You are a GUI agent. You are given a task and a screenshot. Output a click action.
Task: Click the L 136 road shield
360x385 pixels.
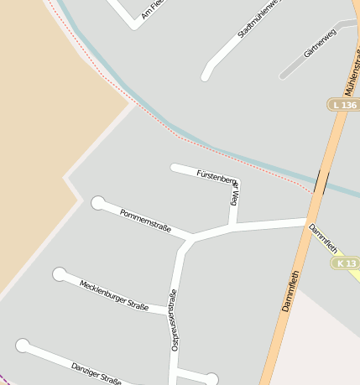pos(344,105)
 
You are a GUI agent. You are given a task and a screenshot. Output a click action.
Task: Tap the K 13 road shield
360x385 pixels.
pos(345,263)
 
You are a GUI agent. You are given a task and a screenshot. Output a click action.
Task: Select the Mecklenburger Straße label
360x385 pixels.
pos(114,295)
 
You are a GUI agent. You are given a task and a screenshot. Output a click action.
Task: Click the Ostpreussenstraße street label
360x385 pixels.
pos(174,319)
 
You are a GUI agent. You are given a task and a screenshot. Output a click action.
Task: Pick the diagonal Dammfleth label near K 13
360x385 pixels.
pos(323,238)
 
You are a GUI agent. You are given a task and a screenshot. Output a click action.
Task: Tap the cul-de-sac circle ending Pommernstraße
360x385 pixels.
pos(98,203)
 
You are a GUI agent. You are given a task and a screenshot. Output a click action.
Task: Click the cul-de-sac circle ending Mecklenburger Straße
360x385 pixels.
pos(60,274)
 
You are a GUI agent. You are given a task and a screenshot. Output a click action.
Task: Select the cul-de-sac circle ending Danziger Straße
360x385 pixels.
pos(23,346)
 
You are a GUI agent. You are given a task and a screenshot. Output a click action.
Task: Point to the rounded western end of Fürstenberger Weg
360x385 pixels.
pos(175,168)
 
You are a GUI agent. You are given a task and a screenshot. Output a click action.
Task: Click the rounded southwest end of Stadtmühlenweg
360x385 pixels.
pos(206,76)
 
